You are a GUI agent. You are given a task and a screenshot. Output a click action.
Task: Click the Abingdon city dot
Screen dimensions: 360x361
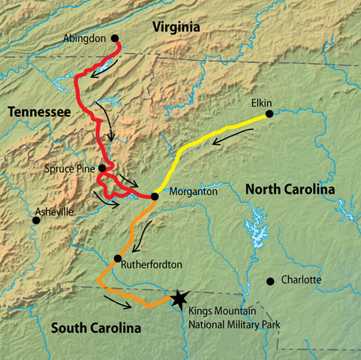click(x=115, y=37)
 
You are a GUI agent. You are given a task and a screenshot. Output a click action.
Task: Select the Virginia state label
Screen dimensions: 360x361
click(x=176, y=28)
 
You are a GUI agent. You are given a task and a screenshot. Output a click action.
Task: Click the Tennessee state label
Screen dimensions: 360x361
click(x=39, y=112)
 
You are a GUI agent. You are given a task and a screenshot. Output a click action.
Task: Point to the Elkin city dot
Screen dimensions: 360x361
click(x=268, y=115)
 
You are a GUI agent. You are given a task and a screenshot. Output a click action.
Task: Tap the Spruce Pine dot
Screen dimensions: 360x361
click(x=102, y=168)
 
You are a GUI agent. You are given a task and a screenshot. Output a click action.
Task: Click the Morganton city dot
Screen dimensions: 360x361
click(x=155, y=196)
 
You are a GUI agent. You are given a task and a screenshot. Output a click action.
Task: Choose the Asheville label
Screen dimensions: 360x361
click(x=54, y=212)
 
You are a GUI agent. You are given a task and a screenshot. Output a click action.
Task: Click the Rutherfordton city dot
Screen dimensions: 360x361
click(x=117, y=259)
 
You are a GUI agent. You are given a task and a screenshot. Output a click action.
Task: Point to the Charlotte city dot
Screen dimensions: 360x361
click(x=270, y=281)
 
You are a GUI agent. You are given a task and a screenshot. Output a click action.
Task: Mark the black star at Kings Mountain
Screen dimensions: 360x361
click(x=178, y=298)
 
